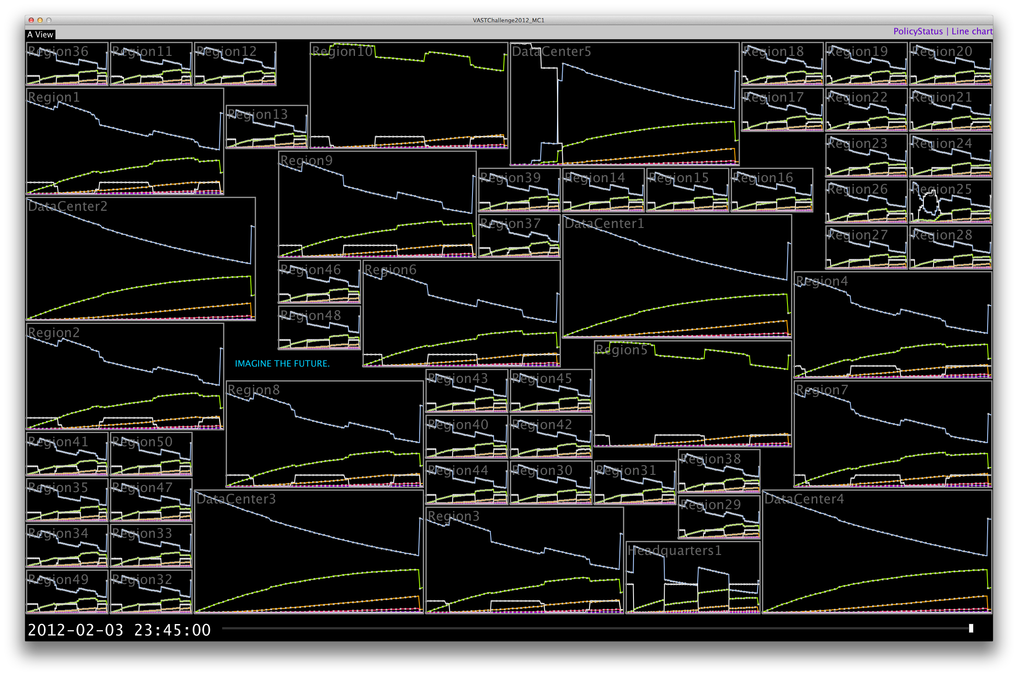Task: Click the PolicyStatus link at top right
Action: (x=918, y=31)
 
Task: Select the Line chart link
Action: (x=972, y=31)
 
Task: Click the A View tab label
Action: (x=40, y=34)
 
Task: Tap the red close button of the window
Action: (x=31, y=20)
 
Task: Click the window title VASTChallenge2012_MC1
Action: (x=509, y=20)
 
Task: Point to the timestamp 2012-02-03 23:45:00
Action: (x=119, y=630)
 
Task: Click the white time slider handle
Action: (x=971, y=628)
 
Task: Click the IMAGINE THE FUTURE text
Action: (x=282, y=364)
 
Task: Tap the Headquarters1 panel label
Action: (x=674, y=551)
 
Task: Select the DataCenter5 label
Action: (x=551, y=51)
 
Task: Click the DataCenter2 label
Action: (x=67, y=206)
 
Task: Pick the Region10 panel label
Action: (x=342, y=51)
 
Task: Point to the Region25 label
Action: (x=941, y=189)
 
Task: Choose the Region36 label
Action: (x=58, y=51)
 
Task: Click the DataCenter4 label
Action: (x=804, y=499)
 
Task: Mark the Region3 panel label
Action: (x=454, y=516)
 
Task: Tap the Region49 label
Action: (x=58, y=580)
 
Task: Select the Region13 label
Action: (x=257, y=114)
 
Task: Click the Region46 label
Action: (x=311, y=270)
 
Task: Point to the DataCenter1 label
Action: (x=604, y=224)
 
